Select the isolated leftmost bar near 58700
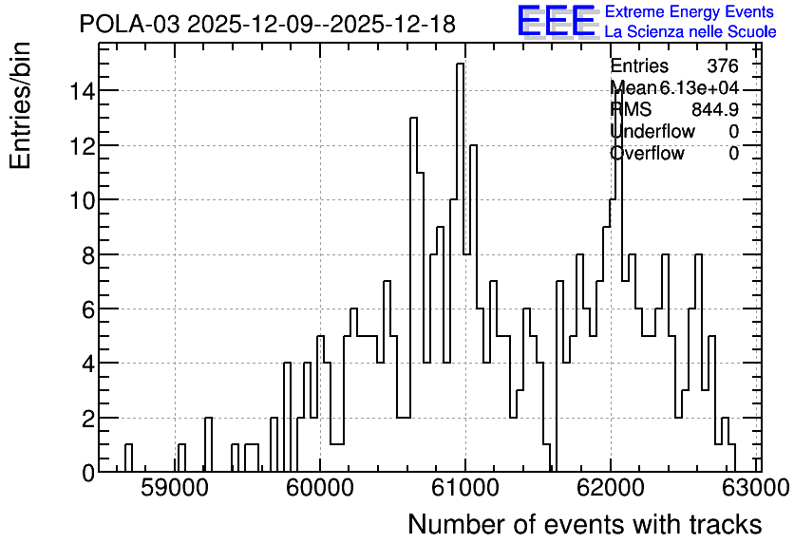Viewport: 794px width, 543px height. [128, 458]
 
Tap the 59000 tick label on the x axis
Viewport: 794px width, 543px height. [176, 488]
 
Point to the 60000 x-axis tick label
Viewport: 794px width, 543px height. [320, 488]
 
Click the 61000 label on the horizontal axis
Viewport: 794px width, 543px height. [465, 488]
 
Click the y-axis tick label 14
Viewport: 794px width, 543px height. [82, 91]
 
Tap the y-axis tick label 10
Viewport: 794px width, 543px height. [82, 200]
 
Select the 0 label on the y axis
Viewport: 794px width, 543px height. [88, 473]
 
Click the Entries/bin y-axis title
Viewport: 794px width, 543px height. [20, 105]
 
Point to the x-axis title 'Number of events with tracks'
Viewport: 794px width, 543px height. [585, 524]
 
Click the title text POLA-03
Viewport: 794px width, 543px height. [129, 24]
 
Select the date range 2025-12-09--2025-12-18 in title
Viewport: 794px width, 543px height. [322, 24]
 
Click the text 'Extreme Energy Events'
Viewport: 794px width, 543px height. [690, 11]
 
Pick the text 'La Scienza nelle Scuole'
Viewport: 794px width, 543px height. [690, 32]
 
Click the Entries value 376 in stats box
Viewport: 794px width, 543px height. [723, 66]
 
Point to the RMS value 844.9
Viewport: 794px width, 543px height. [715, 109]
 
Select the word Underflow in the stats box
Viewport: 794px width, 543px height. [652, 132]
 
